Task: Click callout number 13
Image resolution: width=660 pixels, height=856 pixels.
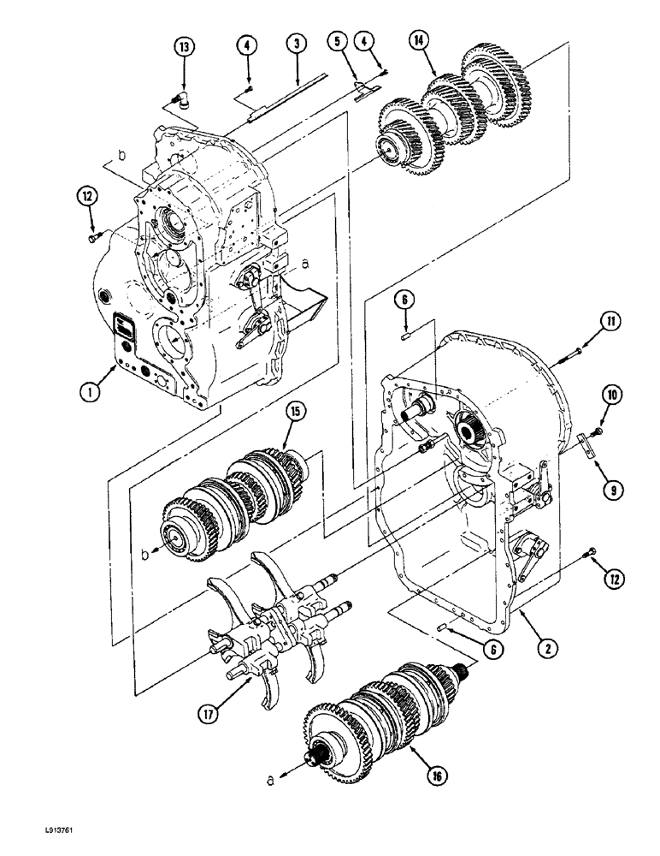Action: (x=183, y=47)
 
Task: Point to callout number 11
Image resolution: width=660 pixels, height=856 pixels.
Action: (x=610, y=322)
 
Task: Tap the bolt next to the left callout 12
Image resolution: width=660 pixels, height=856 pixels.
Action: (x=94, y=236)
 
